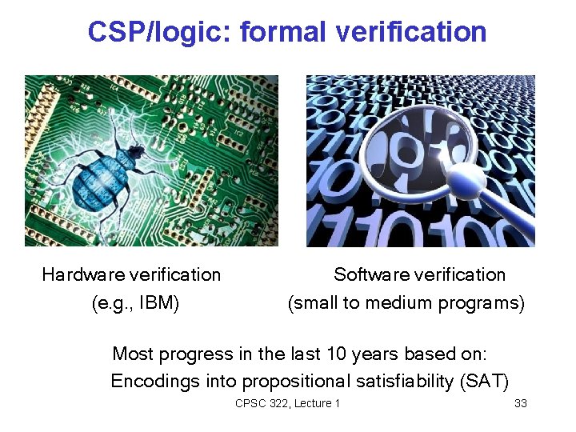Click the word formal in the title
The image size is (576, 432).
pos(284,32)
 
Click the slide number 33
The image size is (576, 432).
pos(521,403)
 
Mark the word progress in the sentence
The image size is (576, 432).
pos(192,354)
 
